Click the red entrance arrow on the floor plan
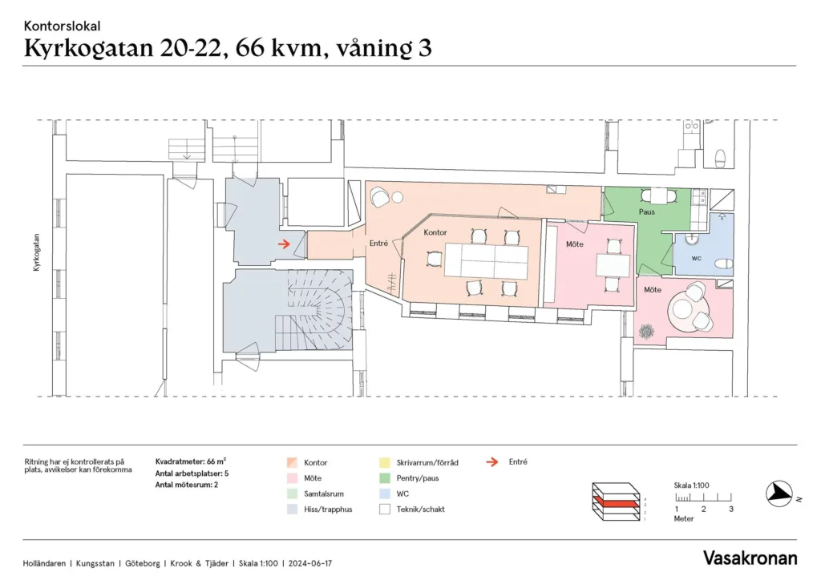coord(284,244)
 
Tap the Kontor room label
coord(435,232)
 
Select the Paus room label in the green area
coord(647,211)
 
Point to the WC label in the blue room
coord(697,258)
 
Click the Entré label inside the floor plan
coord(378,244)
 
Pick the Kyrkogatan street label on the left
coord(36,252)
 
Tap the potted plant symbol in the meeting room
coord(647,332)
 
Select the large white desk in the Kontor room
coord(487,260)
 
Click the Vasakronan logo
coord(750,558)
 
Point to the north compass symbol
coord(780,493)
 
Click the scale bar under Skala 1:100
coord(703,497)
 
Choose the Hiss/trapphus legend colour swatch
coord(292,509)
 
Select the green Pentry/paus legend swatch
coord(385,478)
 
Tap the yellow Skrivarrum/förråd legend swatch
coord(385,462)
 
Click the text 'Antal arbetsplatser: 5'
coord(192,473)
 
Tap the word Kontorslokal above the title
coord(63,26)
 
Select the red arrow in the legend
coord(491,461)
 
